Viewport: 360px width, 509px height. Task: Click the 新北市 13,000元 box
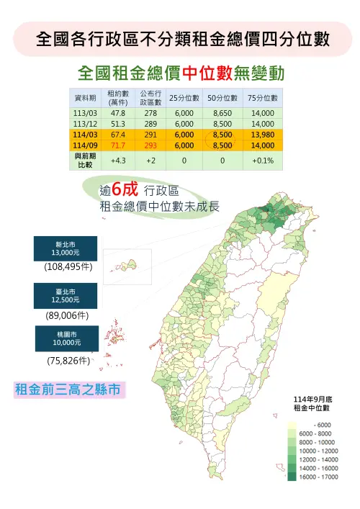click(66, 249)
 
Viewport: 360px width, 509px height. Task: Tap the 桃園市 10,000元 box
click(66, 338)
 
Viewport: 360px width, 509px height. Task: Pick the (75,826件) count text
click(66, 360)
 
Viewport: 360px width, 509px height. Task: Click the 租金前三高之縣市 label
click(69, 390)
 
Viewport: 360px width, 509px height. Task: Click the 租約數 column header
click(118, 98)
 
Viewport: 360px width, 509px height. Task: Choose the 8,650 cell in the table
click(223, 113)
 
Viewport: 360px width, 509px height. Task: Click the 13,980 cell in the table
click(263, 134)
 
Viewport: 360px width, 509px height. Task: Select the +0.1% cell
click(263, 160)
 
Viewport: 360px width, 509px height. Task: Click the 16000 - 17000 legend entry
click(310, 476)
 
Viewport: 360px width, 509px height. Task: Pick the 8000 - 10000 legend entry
click(310, 442)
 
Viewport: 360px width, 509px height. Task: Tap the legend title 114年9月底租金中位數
click(312, 403)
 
